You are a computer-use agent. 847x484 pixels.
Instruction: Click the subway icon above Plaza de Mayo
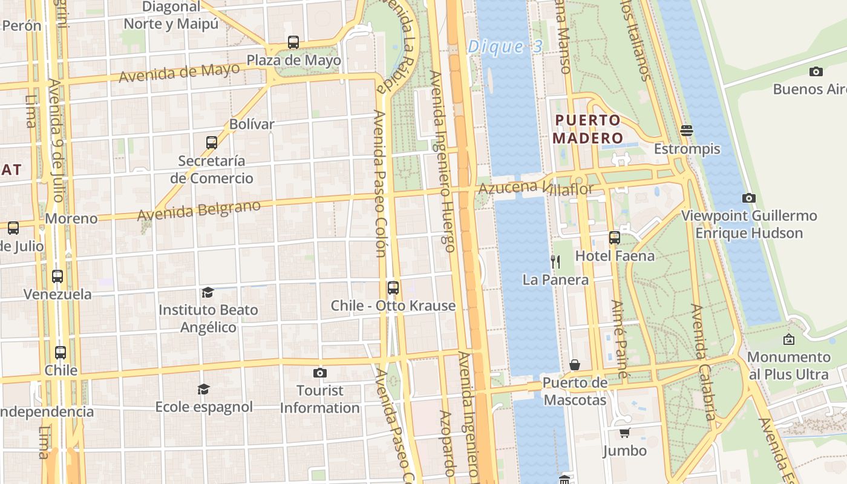point(293,42)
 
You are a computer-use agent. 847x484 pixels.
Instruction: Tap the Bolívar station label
point(252,124)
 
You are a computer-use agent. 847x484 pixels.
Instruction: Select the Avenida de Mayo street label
point(179,73)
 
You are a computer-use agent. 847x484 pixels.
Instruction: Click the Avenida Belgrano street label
point(198,210)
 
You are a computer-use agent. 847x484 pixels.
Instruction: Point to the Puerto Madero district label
point(587,129)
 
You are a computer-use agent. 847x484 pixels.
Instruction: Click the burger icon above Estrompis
point(686,130)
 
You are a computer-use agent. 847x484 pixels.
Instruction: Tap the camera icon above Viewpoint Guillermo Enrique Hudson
point(748,198)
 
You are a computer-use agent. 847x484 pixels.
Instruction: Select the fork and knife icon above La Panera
point(555,261)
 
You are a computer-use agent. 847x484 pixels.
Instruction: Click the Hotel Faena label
point(615,256)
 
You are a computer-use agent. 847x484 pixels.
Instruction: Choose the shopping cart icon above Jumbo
point(624,433)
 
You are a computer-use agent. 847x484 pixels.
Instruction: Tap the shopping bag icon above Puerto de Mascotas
point(575,365)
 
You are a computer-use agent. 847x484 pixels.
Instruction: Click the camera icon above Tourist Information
point(319,373)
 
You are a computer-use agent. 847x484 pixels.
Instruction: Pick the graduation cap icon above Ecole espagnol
point(203,388)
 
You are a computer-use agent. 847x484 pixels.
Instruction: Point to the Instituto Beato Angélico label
point(208,318)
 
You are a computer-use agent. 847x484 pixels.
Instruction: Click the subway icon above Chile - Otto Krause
point(393,287)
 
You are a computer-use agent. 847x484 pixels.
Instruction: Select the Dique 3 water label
point(505,47)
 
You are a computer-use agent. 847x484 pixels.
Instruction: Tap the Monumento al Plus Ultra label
point(788,365)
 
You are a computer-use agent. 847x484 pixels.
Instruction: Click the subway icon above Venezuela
point(57,276)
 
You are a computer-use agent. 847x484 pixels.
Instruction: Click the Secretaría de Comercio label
point(212,169)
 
